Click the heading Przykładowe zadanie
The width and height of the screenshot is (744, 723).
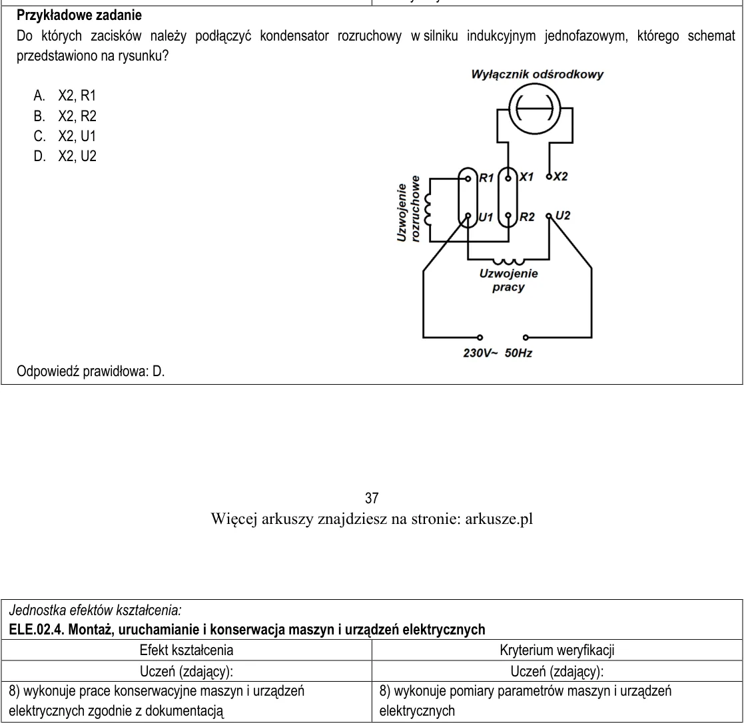[79, 15]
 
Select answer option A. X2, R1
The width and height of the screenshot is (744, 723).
[65, 96]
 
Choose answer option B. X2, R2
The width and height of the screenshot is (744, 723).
[65, 117]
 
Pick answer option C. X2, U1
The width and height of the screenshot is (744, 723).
[65, 136]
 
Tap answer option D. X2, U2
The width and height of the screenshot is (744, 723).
[65, 156]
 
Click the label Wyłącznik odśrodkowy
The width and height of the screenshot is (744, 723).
[537, 75]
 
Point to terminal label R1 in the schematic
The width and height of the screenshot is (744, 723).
[486, 178]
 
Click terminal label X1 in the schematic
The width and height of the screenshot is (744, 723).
[526, 177]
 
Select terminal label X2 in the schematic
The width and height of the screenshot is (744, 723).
[560, 176]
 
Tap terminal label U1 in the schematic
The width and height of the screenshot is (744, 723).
[486, 217]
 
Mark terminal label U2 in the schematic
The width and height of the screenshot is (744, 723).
[563, 216]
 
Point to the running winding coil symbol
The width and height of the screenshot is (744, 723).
[509, 261]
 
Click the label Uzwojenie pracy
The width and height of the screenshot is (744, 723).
[509, 280]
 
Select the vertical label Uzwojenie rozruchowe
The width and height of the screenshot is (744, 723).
[408, 209]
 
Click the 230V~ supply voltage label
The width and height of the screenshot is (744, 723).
[480, 353]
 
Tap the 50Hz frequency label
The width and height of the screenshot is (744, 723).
[518, 353]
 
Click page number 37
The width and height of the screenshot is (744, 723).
[372, 498]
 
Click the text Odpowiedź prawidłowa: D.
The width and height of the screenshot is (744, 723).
[91, 371]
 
